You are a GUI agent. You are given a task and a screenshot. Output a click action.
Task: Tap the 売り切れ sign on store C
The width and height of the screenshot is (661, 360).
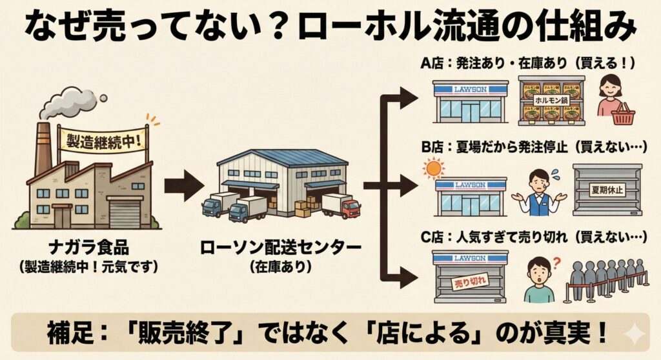pos(467,282)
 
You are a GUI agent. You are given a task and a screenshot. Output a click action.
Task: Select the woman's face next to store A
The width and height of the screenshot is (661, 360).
pos(610,86)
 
